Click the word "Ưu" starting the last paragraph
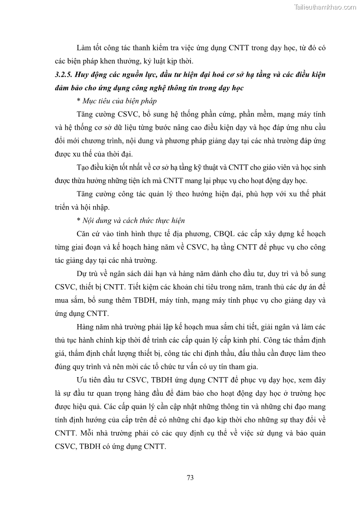tap(82, 379)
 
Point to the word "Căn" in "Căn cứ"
tap(84, 234)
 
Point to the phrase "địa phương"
tap(200, 234)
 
